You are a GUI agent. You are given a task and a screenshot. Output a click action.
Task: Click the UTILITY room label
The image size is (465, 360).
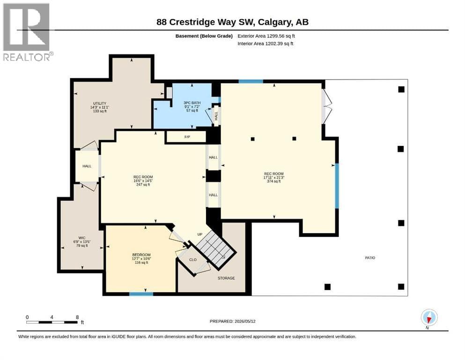[x=100, y=103]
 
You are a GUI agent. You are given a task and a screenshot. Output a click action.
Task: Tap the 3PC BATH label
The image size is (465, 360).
[x=192, y=103]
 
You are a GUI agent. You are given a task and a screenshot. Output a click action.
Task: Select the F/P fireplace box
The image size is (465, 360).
[x=186, y=137]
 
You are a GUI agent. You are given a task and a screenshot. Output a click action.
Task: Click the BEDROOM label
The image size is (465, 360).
[x=141, y=255]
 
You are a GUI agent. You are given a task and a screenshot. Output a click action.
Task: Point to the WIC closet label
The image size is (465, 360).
[x=82, y=238]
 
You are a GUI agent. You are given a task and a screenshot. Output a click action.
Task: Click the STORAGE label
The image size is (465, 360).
[x=226, y=278]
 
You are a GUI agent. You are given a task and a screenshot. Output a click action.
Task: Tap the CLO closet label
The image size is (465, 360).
[x=193, y=260]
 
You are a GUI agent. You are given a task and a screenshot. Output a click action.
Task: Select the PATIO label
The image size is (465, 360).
[x=370, y=258]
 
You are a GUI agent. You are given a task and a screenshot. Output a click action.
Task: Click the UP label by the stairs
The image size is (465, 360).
[x=200, y=234]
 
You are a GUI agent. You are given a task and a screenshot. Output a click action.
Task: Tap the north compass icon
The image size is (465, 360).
[x=429, y=317]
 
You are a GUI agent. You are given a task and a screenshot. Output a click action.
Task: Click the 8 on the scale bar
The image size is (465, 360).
[x=77, y=317]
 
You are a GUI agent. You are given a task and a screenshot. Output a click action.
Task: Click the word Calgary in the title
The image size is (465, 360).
[x=274, y=22]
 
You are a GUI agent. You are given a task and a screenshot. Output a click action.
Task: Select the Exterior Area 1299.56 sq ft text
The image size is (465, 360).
[x=266, y=36]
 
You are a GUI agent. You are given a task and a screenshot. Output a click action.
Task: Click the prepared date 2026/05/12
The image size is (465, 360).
[x=245, y=321]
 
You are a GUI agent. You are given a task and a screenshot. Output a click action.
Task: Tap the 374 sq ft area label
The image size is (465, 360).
[x=274, y=181]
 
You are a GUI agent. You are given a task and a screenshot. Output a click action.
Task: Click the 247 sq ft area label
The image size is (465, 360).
[x=143, y=185]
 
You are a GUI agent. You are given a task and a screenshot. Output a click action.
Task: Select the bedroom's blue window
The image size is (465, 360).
[x=141, y=294]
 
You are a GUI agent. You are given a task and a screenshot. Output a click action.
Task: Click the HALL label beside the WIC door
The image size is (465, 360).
[x=87, y=166]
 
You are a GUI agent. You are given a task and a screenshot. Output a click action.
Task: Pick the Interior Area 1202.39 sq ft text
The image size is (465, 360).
[x=266, y=44]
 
